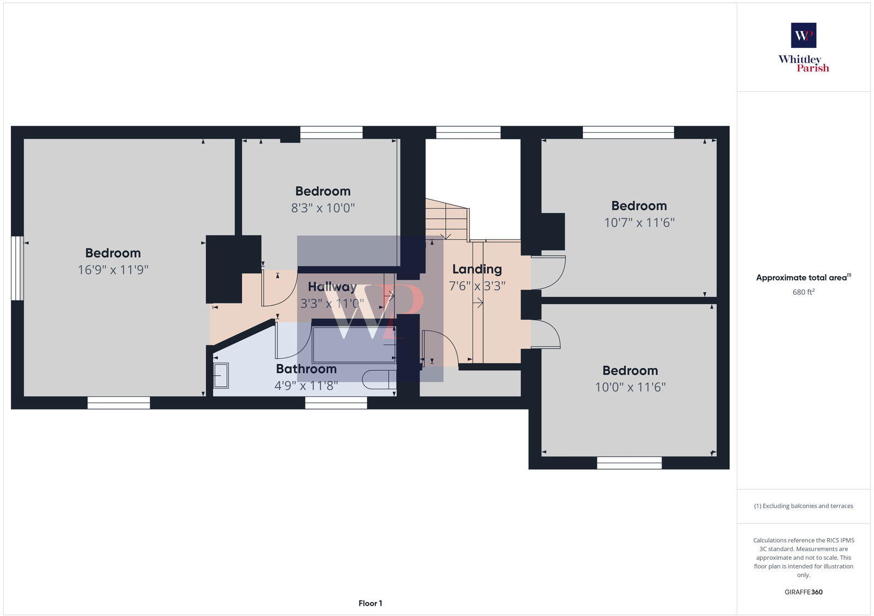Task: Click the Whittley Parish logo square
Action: (804, 35)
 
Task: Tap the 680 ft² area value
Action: (804, 292)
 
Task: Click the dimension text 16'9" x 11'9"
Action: (113, 270)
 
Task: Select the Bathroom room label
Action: (306, 369)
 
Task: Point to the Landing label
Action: (477, 269)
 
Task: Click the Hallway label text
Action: (332, 287)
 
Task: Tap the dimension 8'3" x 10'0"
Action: (323, 208)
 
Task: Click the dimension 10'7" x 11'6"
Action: (639, 223)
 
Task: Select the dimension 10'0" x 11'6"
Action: (630, 387)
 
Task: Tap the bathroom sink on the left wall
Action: (221, 376)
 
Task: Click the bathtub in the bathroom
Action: (353, 345)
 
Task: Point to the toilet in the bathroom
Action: (377, 379)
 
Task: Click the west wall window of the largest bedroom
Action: (17, 268)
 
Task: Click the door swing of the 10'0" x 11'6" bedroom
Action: (546, 334)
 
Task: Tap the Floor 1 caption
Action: (370, 603)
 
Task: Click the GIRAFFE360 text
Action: (804, 592)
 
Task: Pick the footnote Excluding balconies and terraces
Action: (804, 506)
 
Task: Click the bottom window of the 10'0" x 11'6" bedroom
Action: (629, 463)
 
